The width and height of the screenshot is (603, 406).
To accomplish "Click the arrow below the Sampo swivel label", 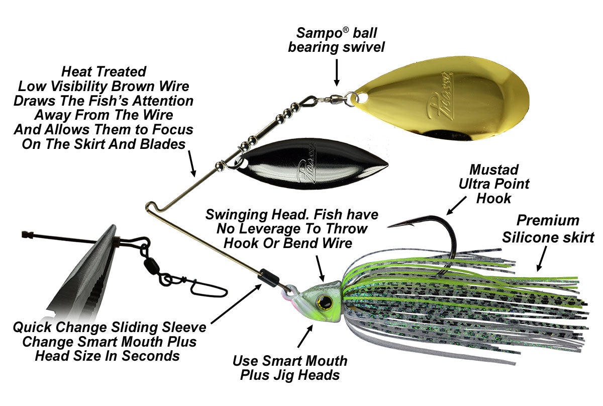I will (x=336, y=73).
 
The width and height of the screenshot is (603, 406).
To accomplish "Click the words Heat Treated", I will (x=104, y=71).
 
